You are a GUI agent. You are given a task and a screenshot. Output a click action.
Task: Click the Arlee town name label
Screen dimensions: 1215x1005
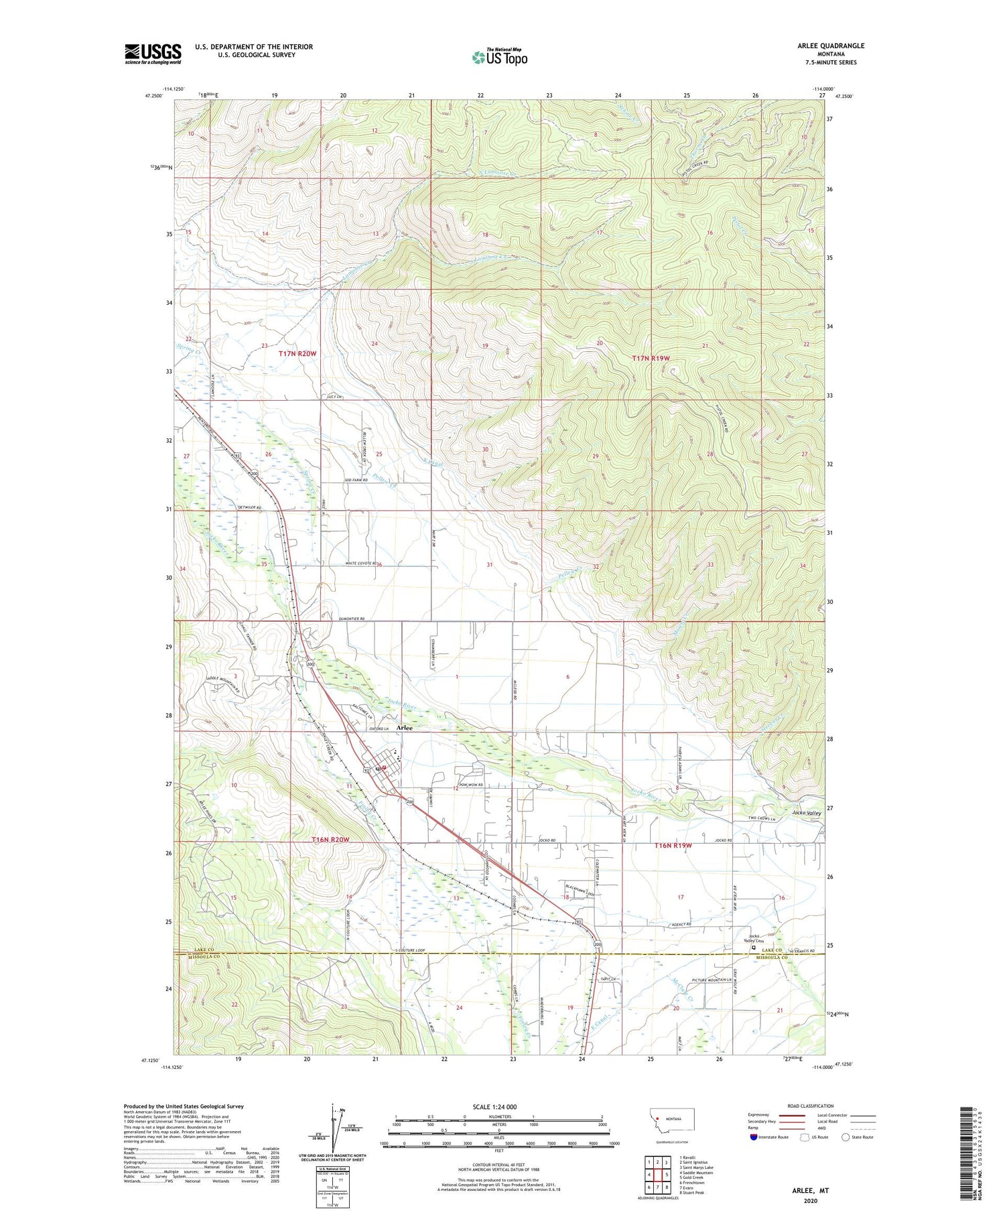pos(404,728)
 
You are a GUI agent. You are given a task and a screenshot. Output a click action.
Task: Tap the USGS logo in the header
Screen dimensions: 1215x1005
pos(153,54)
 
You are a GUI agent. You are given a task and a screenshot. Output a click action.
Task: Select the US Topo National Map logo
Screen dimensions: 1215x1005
pos(499,57)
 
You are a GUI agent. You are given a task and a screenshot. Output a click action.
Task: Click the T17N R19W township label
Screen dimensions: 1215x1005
pos(651,359)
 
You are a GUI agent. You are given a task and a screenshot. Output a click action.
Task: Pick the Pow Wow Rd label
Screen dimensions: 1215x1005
pos(471,785)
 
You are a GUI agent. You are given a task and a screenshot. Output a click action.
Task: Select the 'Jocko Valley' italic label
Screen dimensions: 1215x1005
pos(806,813)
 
